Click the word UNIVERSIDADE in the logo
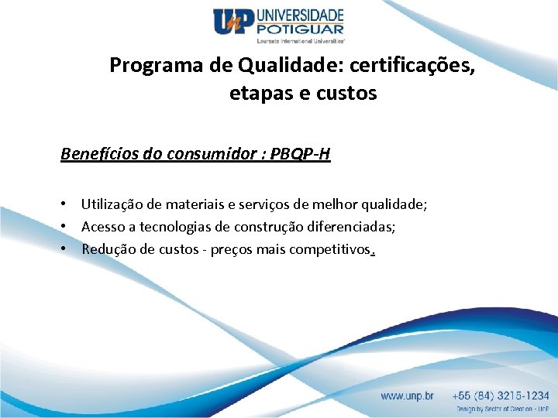[299, 15]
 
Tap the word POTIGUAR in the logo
[299, 29]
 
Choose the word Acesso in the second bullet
[102, 227]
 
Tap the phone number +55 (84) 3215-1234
[501, 396]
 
